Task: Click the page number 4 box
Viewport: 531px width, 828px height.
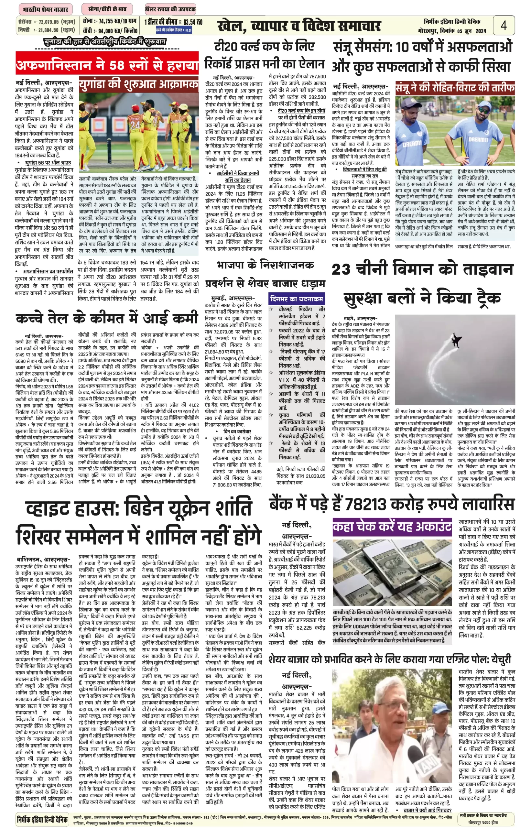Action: (x=504, y=25)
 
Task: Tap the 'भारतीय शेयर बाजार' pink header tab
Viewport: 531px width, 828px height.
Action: (x=46, y=9)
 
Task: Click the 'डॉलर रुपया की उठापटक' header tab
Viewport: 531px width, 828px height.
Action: (x=170, y=9)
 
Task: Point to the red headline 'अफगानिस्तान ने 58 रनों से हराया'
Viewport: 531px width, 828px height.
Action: (x=107, y=64)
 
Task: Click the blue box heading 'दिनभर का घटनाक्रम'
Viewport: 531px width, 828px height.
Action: (x=297, y=299)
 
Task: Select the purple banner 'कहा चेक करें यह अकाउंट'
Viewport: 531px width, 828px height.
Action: (x=392, y=527)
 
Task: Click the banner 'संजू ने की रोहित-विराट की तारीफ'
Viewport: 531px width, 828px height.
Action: (x=455, y=88)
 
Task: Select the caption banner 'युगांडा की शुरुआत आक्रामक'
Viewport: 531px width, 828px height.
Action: (x=139, y=85)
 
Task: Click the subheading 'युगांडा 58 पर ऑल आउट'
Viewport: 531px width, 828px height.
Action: (x=48, y=162)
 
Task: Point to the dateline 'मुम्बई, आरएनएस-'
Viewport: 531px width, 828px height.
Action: (x=233, y=298)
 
